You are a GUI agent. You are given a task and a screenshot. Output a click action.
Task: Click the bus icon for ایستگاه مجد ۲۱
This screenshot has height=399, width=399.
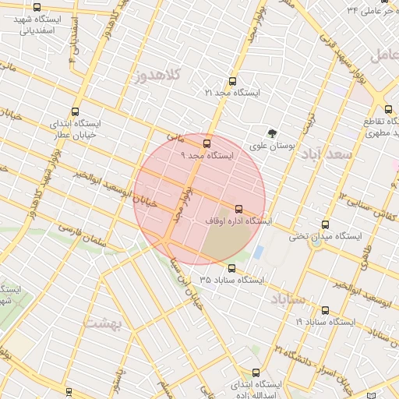tap(231, 81)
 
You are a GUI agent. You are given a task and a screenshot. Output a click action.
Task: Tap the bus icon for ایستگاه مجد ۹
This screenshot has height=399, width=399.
tap(207, 143)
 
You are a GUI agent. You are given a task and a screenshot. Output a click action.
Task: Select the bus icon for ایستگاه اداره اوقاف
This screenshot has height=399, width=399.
tap(238, 209)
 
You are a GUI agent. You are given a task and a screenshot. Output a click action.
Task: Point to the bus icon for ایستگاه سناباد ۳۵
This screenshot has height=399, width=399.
tap(231, 267)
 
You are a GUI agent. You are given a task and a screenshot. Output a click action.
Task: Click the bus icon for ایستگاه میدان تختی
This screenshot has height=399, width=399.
tap(325, 224)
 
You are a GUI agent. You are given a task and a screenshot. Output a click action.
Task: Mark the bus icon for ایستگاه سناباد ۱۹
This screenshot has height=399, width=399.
tap(325, 309)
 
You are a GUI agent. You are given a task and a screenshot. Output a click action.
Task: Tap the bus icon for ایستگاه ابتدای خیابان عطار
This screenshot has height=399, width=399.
tap(75, 111)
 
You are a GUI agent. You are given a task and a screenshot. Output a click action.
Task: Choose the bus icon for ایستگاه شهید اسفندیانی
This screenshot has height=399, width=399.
tap(37, 7)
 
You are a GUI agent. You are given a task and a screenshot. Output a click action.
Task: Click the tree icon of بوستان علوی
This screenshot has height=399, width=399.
tap(272, 133)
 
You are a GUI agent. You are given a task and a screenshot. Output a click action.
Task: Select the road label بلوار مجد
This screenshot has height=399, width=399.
tap(182, 206)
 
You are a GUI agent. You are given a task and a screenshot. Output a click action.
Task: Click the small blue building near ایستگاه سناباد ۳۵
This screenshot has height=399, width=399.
tap(259, 252)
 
